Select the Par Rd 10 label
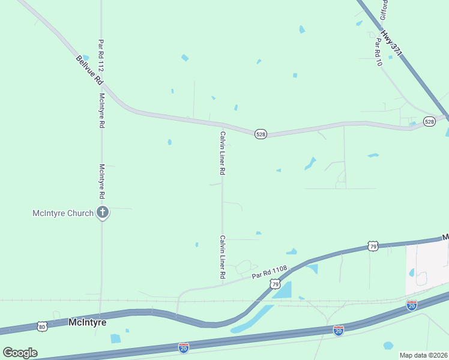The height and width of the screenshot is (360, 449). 379,52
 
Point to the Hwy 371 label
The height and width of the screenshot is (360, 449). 392,46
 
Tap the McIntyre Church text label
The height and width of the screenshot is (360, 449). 63,213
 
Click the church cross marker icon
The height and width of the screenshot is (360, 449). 103,212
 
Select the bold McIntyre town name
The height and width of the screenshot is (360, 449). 87,322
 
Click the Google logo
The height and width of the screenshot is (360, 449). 20,353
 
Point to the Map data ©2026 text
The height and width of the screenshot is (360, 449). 423,355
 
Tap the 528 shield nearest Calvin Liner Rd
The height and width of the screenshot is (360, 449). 261,134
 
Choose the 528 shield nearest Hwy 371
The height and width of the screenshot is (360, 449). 429,121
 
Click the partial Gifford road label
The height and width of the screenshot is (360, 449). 383,10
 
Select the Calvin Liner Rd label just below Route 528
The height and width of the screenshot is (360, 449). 223,153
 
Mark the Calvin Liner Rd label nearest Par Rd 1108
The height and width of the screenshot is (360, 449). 222,257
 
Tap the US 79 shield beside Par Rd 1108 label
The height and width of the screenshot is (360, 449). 275,283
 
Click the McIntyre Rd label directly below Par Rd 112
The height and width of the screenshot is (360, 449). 102,111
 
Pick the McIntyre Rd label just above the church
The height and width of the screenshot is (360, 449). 102,182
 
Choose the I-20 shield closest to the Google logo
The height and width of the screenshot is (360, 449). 184,347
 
